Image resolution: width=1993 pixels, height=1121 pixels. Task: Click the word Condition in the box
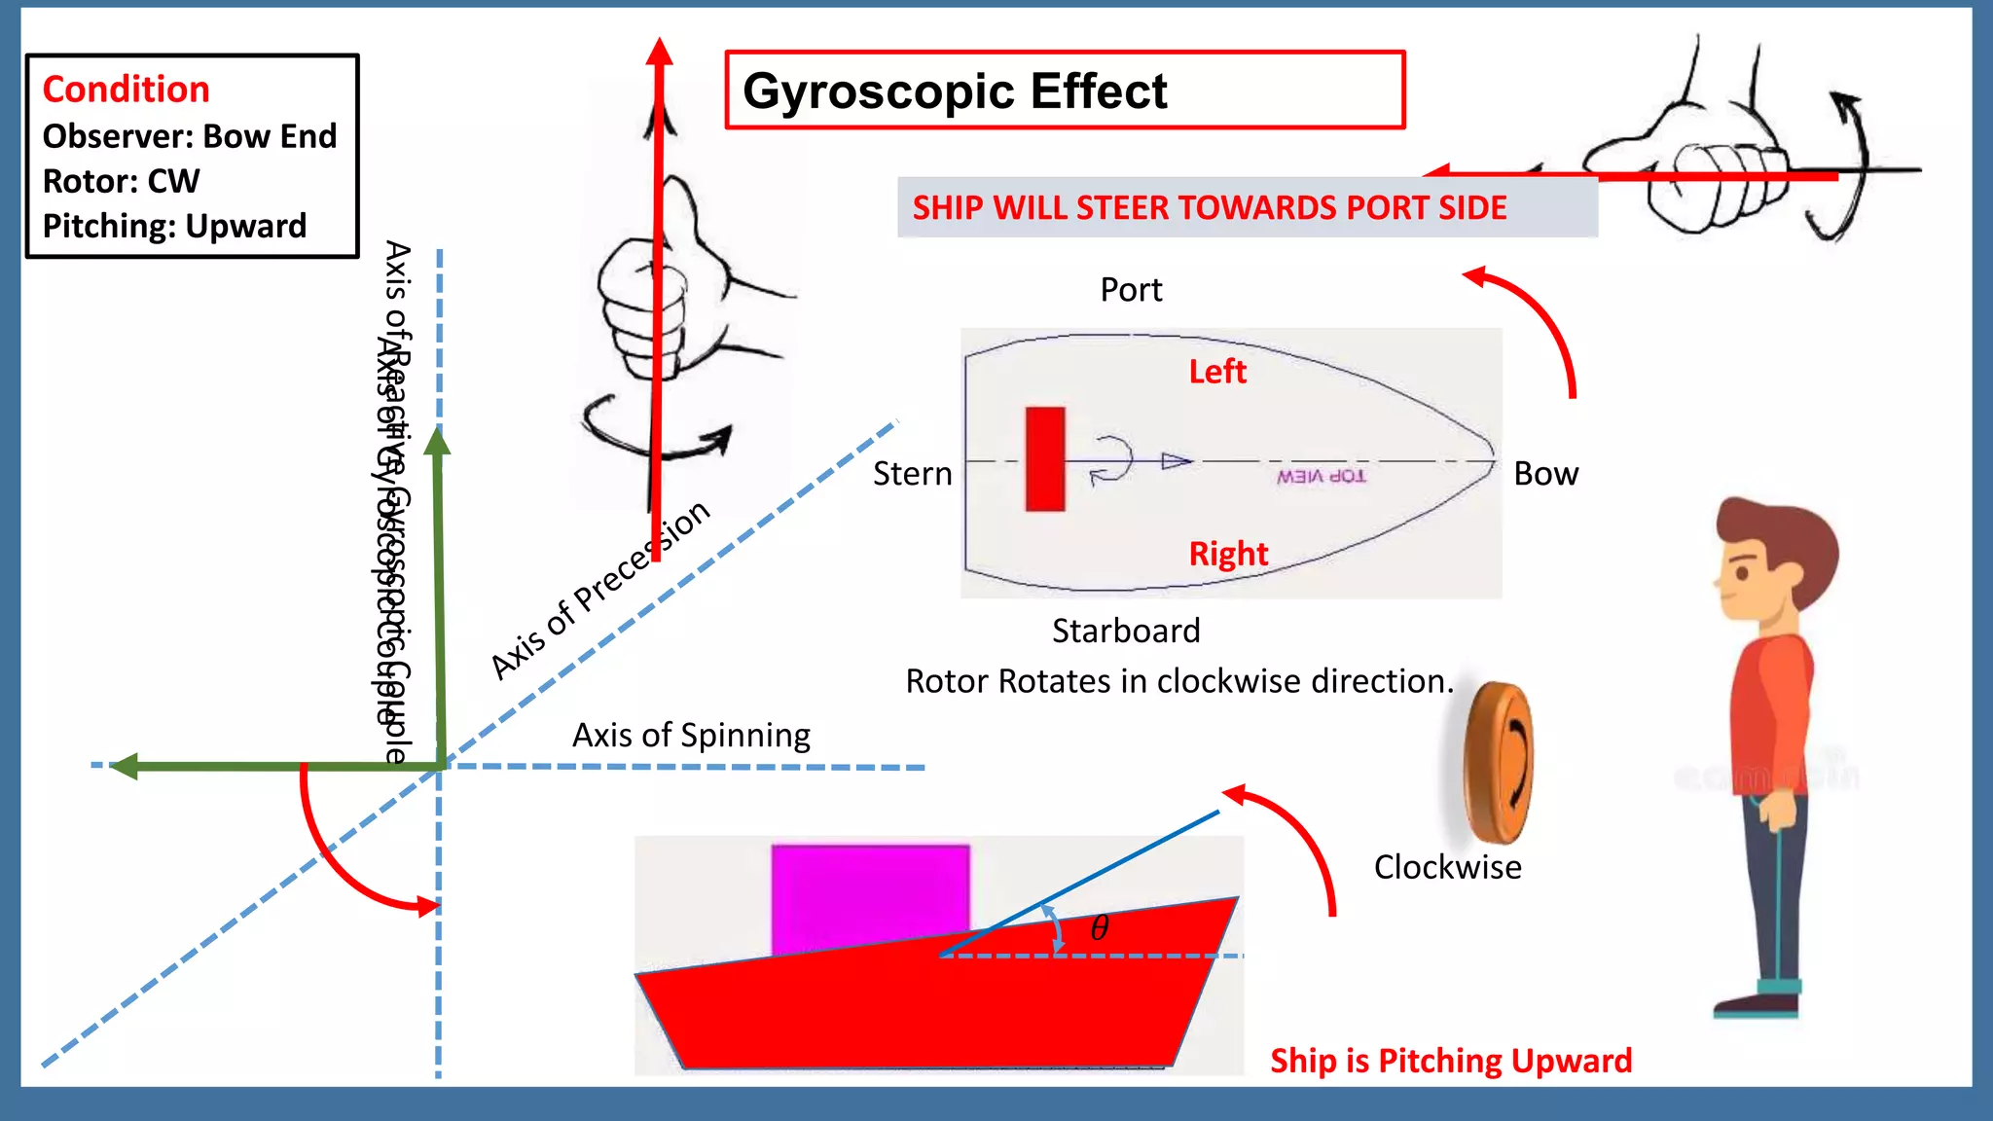coord(126,90)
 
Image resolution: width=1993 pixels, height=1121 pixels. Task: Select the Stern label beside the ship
coord(912,474)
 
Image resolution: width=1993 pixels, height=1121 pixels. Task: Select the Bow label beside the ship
coord(1545,474)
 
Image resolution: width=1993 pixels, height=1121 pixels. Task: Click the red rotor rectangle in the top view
coord(1044,459)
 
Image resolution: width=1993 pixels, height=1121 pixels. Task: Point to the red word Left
coord(1216,372)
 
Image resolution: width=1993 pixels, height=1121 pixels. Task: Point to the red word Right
coord(1228,554)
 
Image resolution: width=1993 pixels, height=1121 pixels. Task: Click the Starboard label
coord(1126,631)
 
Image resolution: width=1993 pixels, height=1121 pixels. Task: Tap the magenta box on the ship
coord(870,895)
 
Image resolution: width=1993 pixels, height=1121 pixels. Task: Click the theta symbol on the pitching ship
coord(1100,928)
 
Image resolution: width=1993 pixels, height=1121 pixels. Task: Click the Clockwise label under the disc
coord(1447,867)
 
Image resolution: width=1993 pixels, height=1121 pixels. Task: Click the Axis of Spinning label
coord(691,735)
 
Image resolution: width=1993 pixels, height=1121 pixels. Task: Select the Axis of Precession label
coord(599,591)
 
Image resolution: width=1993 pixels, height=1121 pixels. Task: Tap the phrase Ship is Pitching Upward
coord(1450,1060)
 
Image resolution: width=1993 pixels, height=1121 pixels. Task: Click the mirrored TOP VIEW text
coord(1321,476)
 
